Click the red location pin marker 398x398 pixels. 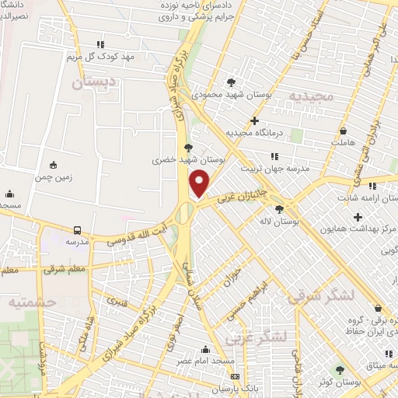200,184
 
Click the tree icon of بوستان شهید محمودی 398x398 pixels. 231,82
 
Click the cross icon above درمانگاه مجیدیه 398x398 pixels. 255,120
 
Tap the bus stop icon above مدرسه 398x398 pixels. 77,230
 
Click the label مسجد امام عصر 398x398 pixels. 204,362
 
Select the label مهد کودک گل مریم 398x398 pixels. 101,57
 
